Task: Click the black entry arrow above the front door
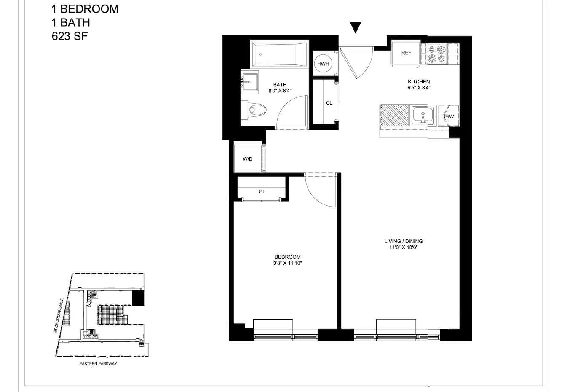(356, 27)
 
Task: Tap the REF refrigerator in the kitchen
(406, 53)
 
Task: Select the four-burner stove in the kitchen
(436, 54)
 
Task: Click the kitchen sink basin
(423, 115)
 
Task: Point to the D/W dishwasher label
(449, 116)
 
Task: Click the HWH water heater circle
(323, 64)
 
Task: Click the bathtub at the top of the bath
(279, 54)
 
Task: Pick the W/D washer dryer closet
(248, 159)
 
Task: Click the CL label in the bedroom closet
(262, 192)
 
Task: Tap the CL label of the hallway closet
(329, 103)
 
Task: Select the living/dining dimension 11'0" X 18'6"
(403, 247)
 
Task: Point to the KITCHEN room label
(419, 82)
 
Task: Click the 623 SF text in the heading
(70, 36)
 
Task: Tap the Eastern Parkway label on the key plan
(98, 364)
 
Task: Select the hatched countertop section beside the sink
(394, 115)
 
